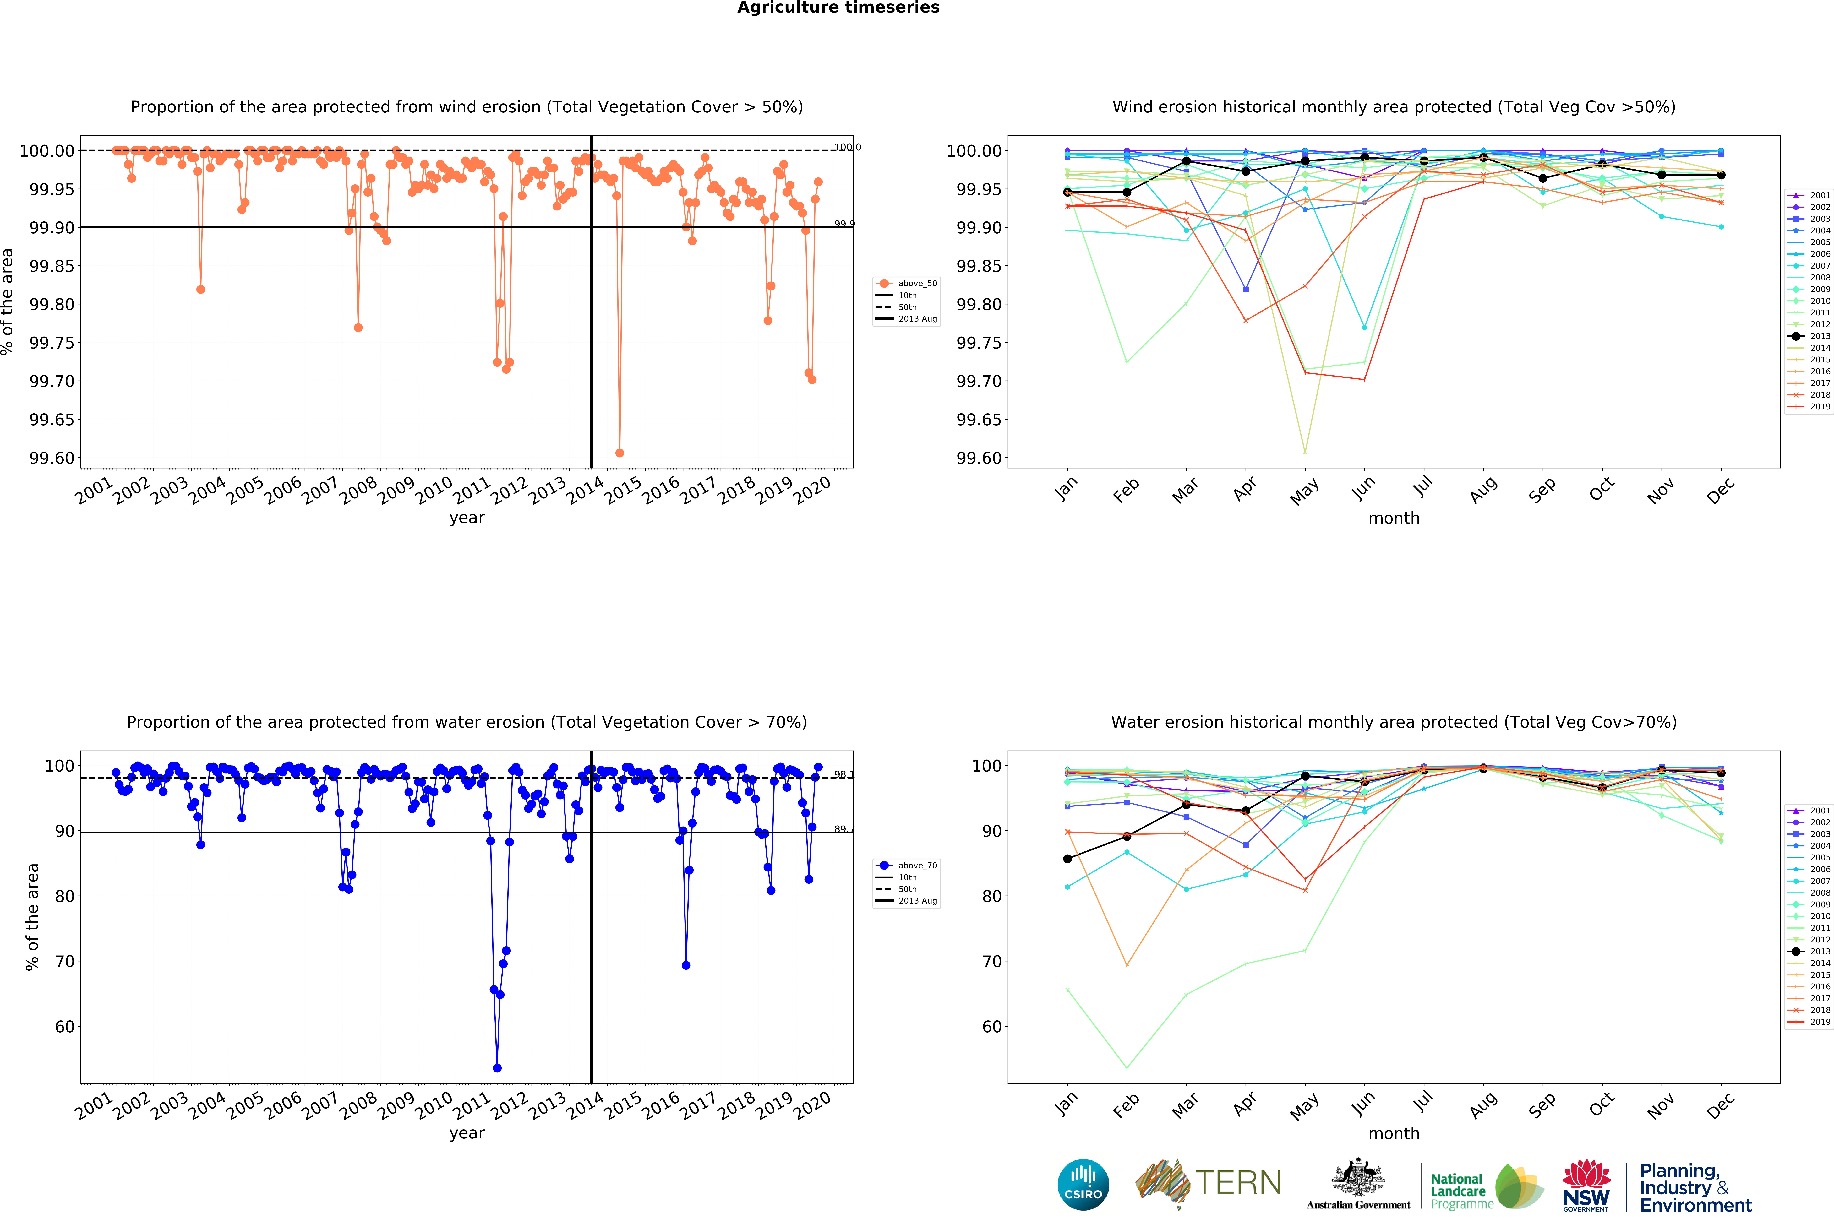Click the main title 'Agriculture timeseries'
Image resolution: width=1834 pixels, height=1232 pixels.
[838, 8]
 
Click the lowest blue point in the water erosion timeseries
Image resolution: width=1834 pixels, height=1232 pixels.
[497, 1068]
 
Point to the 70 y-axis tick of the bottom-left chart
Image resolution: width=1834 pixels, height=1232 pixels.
[64, 962]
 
